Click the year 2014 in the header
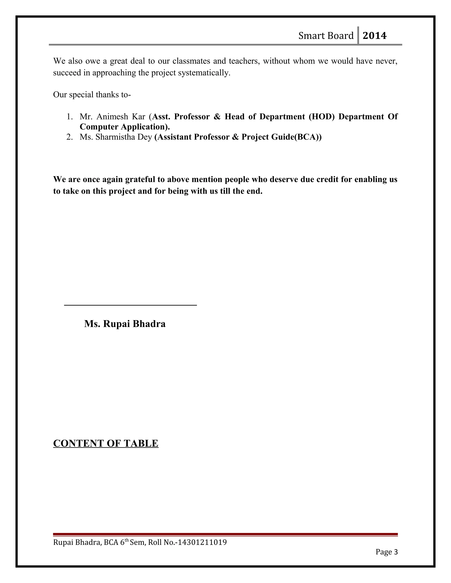(374, 35)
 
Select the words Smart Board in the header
(326, 35)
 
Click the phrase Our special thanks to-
(92, 95)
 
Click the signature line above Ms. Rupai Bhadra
(130, 305)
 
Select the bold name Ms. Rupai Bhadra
(125, 324)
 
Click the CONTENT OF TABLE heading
(106, 443)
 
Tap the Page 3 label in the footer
(386, 552)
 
